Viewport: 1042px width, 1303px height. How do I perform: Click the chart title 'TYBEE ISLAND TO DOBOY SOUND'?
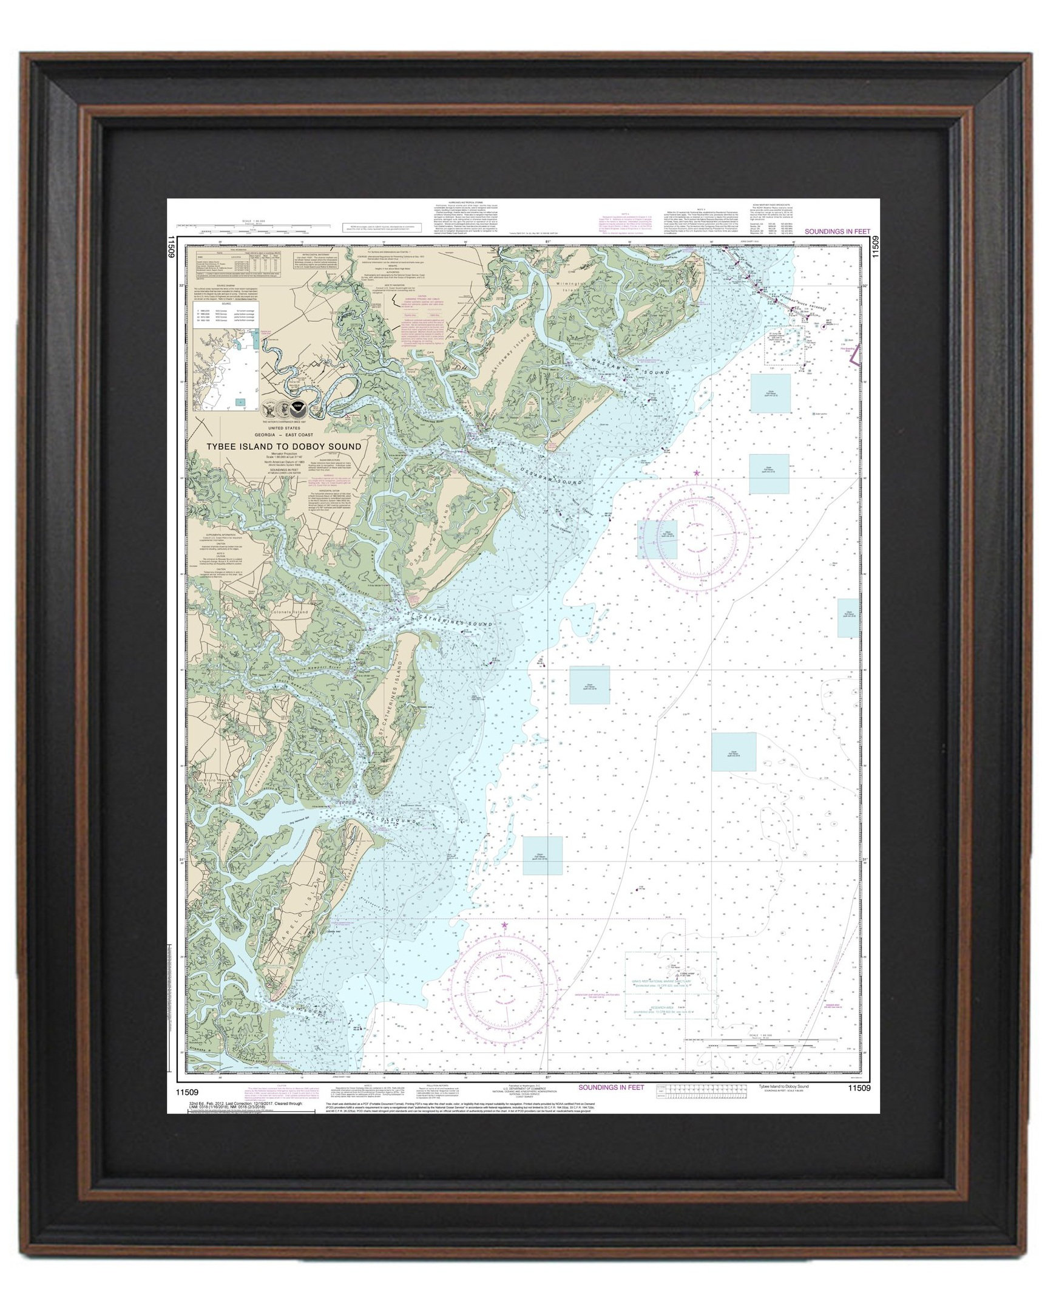click(x=283, y=446)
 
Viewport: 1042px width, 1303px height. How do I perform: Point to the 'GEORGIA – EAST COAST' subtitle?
click(x=283, y=435)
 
